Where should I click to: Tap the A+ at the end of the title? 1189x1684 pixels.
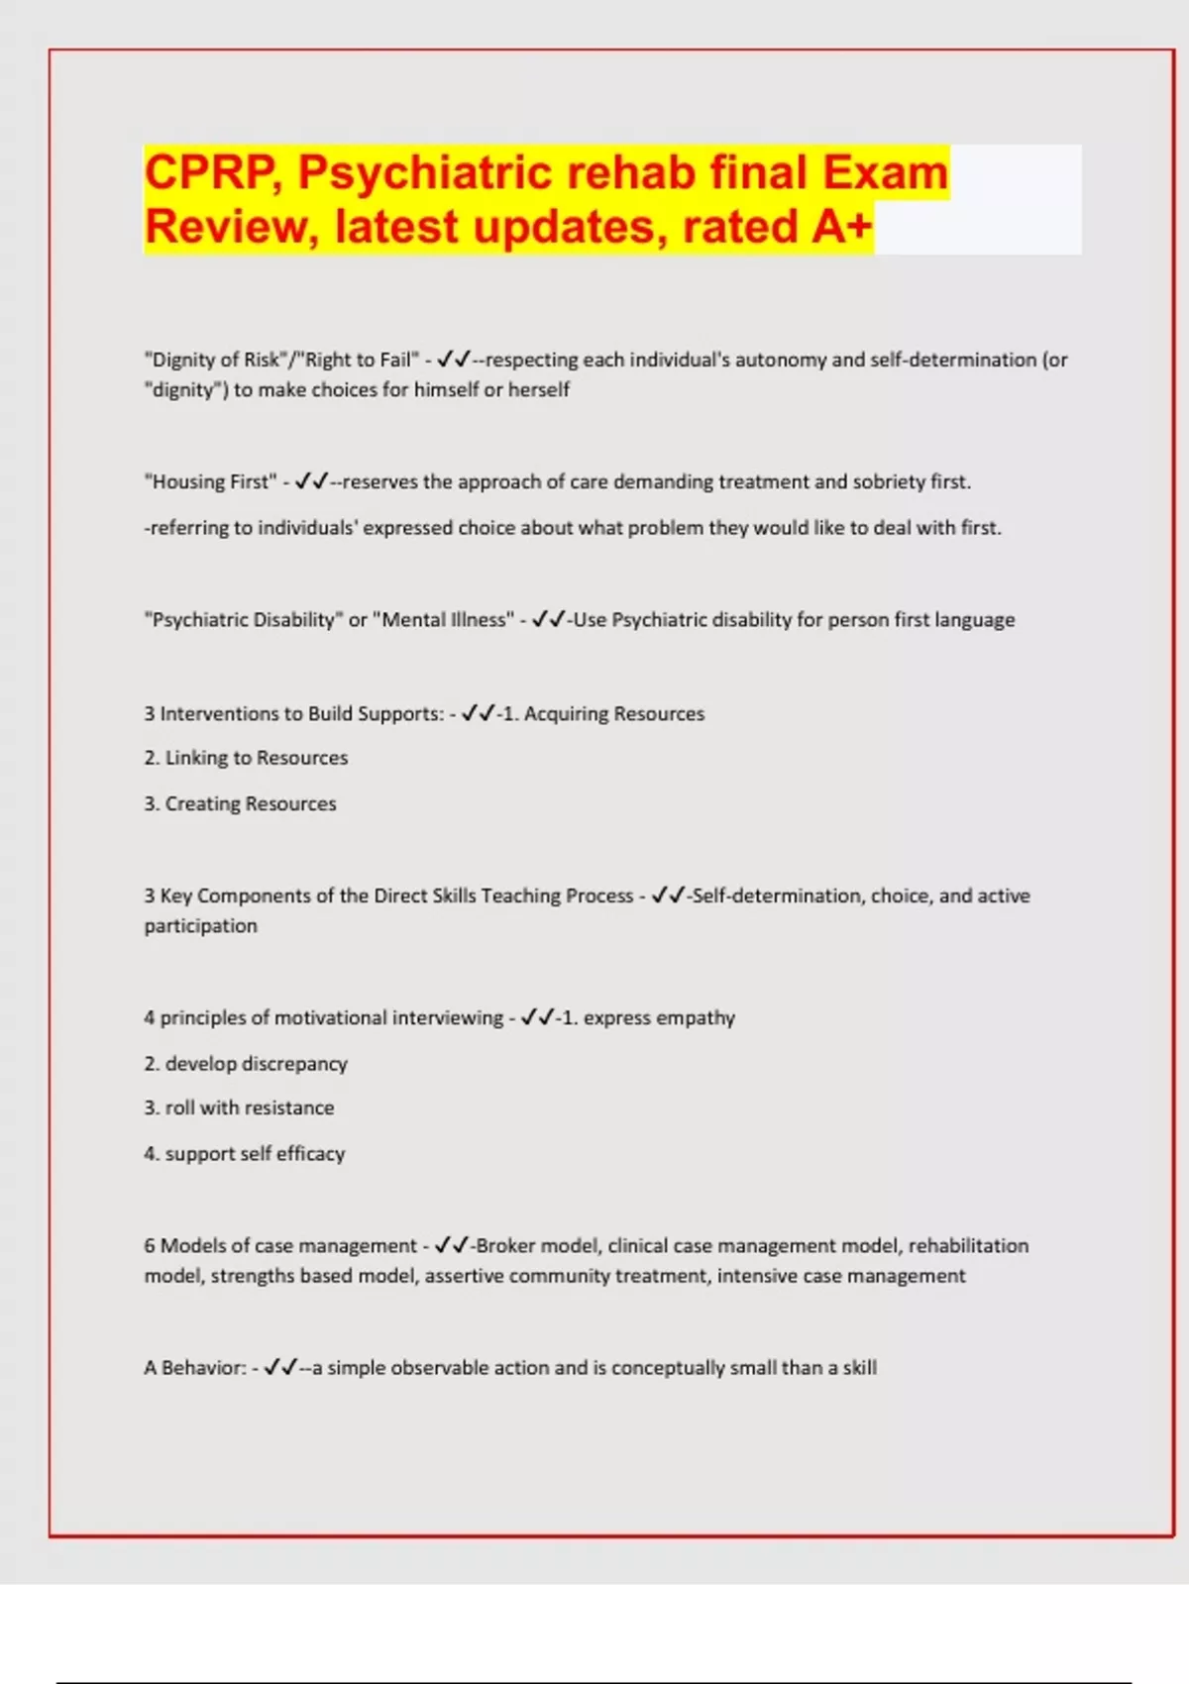pyautogui.click(x=841, y=227)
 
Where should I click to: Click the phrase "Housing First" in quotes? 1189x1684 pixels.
pyautogui.click(x=210, y=482)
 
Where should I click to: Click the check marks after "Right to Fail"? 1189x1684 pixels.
pyautogui.click(x=453, y=360)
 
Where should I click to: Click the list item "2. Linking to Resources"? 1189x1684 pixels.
pyautogui.click(x=246, y=759)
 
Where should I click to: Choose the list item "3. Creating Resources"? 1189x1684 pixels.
pyautogui.click(x=240, y=804)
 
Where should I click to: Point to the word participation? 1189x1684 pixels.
pyautogui.click(x=200, y=926)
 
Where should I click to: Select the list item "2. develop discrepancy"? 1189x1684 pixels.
pyautogui.click(x=246, y=1064)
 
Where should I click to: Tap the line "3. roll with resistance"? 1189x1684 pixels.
pyautogui.click(x=239, y=1108)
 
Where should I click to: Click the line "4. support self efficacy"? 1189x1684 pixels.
pyautogui.click(x=245, y=1154)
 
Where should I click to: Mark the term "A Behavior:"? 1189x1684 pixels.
pyautogui.click(x=194, y=1368)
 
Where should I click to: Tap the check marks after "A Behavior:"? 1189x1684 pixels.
pyautogui.click(x=280, y=1368)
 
